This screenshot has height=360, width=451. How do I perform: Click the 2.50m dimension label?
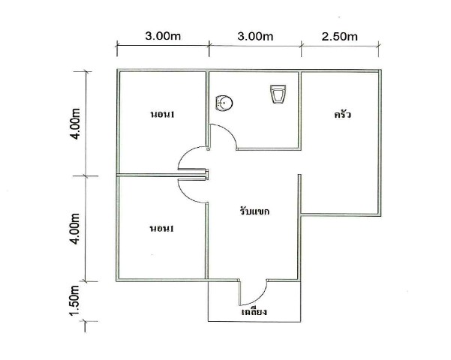(339, 37)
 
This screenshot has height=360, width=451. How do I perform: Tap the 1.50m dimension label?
(74, 301)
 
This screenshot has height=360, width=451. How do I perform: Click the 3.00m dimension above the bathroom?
(255, 37)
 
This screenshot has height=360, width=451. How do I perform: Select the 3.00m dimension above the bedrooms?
(163, 36)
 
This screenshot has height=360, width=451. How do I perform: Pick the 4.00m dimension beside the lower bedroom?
(75, 229)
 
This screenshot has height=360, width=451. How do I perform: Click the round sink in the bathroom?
(224, 103)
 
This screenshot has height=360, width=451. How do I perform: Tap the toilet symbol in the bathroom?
(278, 94)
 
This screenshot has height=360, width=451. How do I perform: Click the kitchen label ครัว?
(342, 115)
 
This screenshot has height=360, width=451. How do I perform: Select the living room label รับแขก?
(254, 211)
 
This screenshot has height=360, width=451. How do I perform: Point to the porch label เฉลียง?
(254, 311)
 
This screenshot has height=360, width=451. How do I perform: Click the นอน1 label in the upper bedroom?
(162, 115)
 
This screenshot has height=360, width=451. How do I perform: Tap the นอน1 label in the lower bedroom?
(162, 229)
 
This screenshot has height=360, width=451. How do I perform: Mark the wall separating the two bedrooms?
(162, 175)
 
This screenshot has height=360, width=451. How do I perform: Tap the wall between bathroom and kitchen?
(299, 111)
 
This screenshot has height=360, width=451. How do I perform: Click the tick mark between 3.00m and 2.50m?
(301, 45)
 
